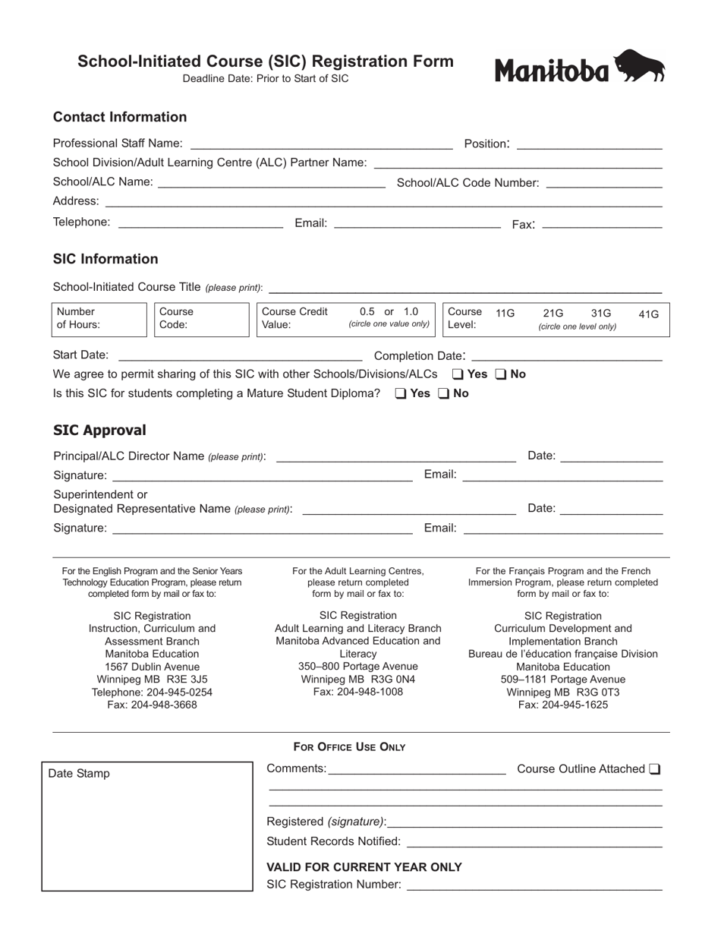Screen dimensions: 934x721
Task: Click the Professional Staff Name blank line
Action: [x=321, y=144]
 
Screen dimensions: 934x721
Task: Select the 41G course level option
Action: [x=649, y=314]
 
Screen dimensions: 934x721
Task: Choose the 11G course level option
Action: [x=505, y=313]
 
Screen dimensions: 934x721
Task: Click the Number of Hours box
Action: [x=99, y=319]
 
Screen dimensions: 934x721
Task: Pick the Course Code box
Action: [x=200, y=319]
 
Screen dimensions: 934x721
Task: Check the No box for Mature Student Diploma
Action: [x=445, y=393]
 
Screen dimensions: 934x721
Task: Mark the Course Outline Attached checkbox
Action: [x=654, y=769]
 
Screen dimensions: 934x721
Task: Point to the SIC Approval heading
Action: [x=99, y=431]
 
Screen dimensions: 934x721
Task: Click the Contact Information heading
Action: [x=120, y=117]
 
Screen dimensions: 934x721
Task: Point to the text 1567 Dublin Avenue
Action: [x=152, y=666]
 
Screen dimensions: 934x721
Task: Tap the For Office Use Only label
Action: [x=349, y=747]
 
